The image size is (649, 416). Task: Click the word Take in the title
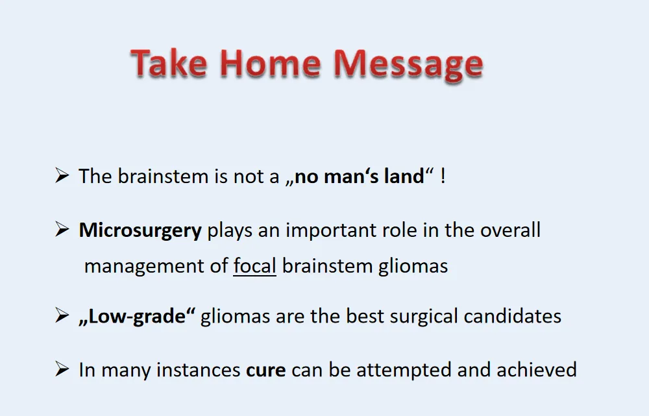pos(169,64)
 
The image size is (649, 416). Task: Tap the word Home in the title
pos(270,64)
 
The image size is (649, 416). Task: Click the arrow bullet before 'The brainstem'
pos(62,175)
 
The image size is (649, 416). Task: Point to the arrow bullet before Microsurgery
pos(62,229)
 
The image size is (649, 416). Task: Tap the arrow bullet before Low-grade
pos(62,315)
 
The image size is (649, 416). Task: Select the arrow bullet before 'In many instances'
pos(62,369)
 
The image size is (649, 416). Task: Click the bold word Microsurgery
pos(140,231)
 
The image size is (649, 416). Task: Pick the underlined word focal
pos(254,265)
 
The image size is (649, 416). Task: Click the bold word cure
pos(265,371)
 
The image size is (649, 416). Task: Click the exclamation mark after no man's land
pos(443,176)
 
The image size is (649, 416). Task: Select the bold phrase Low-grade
pos(137,317)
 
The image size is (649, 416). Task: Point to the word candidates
pos(513,316)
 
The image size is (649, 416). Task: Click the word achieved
pos(537,369)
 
